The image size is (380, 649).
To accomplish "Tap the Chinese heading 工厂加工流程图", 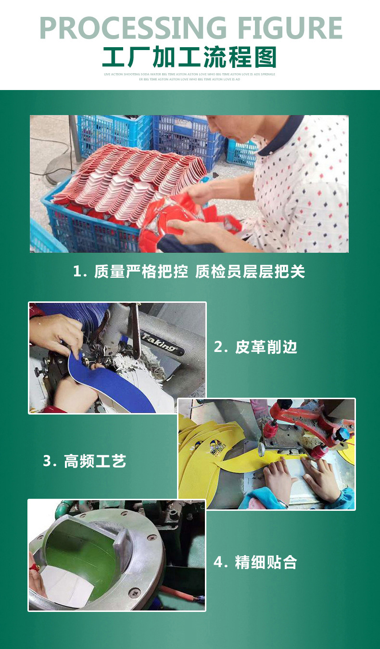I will coord(190,57).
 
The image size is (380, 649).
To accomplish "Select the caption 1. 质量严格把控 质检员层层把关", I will coord(189,272).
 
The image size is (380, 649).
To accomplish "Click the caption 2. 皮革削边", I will coord(255,347).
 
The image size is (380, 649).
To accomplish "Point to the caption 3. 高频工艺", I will coord(85,461).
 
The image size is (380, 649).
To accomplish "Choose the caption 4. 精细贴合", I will coord(255,562).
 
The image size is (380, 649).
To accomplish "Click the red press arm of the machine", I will coord(308,419).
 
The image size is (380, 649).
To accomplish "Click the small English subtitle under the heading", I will coord(190,77).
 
